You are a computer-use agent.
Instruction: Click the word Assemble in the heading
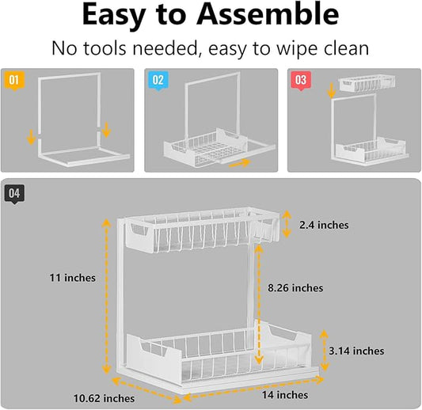click(x=268, y=15)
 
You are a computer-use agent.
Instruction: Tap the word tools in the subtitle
click(x=105, y=48)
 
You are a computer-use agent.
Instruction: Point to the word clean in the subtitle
click(x=346, y=48)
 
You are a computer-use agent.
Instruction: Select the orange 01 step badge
click(x=14, y=81)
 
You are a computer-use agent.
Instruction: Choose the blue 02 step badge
click(x=158, y=81)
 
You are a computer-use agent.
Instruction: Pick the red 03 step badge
click(x=301, y=81)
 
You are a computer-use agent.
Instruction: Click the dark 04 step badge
click(x=14, y=194)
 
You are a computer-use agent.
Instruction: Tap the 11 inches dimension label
click(x=72, y=278)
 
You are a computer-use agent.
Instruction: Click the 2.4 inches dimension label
click(x=324, y=225)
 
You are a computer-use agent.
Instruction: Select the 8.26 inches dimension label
click(x=295, y=288)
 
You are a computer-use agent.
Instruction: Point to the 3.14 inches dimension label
click(x=356, y=351)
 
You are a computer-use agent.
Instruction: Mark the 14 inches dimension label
click(x=285, y=395)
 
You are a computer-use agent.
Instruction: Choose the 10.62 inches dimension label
click(x=104, y=398)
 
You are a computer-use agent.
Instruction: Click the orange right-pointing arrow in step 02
click(x=240, y=163)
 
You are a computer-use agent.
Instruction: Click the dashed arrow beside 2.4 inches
click(x=287, y=224)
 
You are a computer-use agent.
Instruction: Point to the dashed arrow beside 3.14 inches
click(x=325, y=351)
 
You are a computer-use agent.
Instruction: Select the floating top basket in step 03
click(x=367, y=83)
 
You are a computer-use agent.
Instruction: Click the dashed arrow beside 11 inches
click(x=107, y=296)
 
